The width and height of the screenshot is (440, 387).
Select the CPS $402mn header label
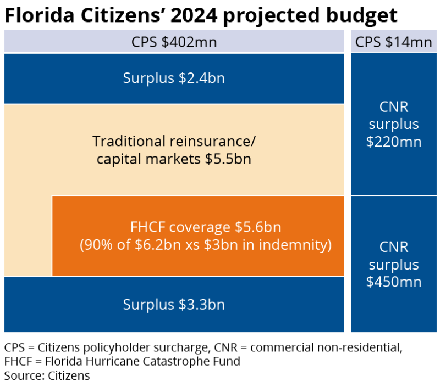[174, 42]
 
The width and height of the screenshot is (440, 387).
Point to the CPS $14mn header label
[394, 42]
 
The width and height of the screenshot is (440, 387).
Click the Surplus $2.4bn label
[174, 78]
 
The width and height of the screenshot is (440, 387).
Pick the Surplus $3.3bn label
[174, 304]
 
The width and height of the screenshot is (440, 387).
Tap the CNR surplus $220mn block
[394, 124]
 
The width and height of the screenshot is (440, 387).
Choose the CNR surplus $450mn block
[394, 264]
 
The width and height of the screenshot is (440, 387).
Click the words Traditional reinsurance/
[174, 141]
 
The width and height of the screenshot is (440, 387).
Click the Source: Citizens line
[47, 376]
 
